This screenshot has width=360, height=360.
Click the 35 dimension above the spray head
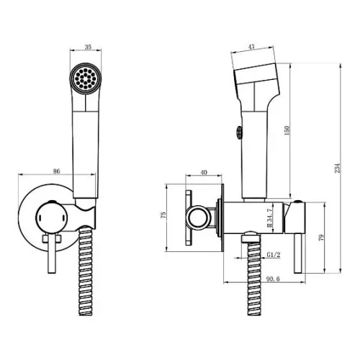[88, 47]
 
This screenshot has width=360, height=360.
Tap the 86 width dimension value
[56, 171]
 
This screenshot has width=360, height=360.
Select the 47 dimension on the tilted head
[251, 47]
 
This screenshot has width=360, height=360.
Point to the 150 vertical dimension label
[287, 130]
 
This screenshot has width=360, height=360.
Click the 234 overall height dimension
[338, 168]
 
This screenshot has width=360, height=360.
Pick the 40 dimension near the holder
[204, 172]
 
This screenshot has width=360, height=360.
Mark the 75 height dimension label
[163, 215]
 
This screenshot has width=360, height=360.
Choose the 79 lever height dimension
[322, 238]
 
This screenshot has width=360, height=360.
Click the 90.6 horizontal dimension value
[273, 279]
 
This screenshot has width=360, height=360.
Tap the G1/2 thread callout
[274, 255]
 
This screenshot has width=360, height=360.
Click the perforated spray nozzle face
[86, 78]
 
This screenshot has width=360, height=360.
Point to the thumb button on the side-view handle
[238, 132]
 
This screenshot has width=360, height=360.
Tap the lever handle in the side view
[298, 253]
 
